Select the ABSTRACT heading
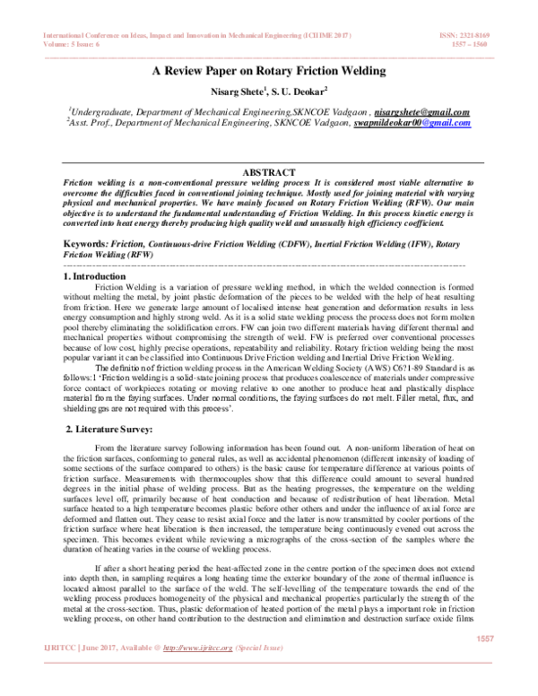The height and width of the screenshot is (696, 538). click(x=267, y=171)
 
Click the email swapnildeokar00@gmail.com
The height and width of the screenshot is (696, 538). click(x=412, y=124)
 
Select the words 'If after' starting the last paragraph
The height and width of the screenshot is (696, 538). click(x=109, y=569)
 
